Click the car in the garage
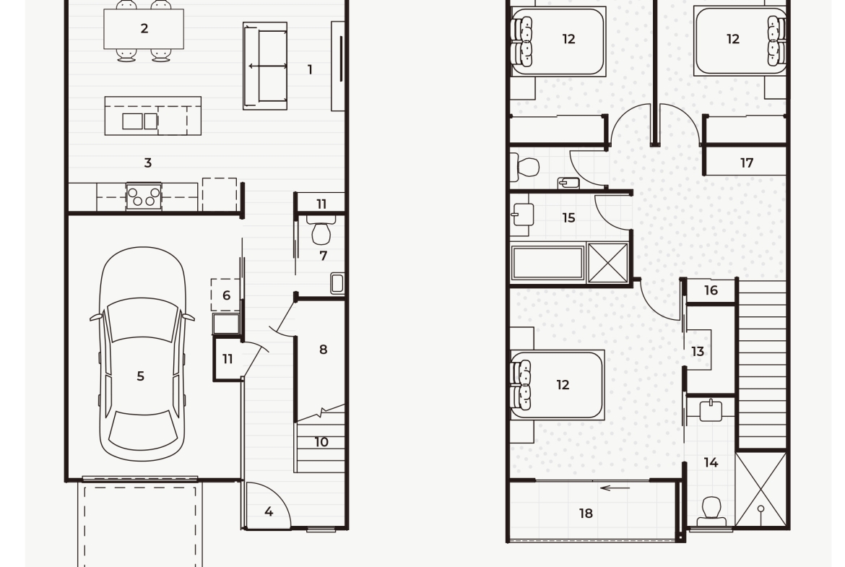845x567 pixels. pos(142,354)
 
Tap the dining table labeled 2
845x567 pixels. pos(143,29)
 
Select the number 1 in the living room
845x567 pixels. pos(310,69)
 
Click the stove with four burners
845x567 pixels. pos(143,196)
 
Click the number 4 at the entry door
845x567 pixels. pos(269,511)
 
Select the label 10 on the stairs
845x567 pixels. pos(321,442)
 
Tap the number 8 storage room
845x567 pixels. pos(323,350)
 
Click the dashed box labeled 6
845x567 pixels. pos(225,295)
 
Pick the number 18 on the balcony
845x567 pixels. pos(586,514)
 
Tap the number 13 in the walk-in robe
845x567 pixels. pos(698,352)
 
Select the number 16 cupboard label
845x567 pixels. pos(711,290)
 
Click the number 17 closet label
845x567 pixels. pos(746,163)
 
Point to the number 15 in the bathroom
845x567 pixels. pos(568,217)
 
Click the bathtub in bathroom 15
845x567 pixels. pos(548,264)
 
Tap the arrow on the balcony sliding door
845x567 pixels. pos(615,488)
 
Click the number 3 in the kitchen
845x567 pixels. pos(147,163)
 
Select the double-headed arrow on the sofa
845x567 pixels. pos(268,66)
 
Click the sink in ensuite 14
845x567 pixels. pos(711,411)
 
